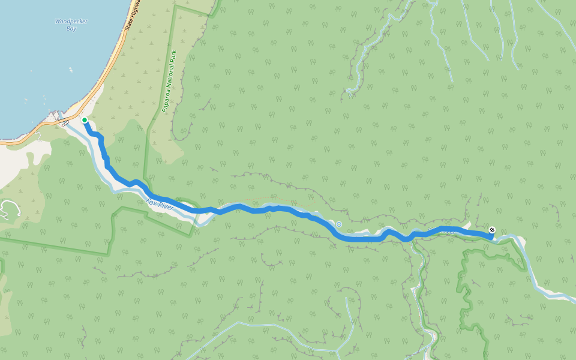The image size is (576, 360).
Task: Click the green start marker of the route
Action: point(85,121)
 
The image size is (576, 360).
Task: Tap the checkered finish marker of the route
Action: point(492,230)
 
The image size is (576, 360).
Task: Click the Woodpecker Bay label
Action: point(71,25)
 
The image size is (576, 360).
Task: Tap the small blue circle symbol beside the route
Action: point(339,224)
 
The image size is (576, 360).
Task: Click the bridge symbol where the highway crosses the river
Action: point(65,123)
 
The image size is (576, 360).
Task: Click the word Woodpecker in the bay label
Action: point(71,21)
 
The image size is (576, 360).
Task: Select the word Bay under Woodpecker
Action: point(71,28)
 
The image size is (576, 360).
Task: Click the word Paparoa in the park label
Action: point(167,94)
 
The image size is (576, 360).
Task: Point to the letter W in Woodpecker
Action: point(58,21)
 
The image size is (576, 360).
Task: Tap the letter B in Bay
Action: point(67,28)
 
